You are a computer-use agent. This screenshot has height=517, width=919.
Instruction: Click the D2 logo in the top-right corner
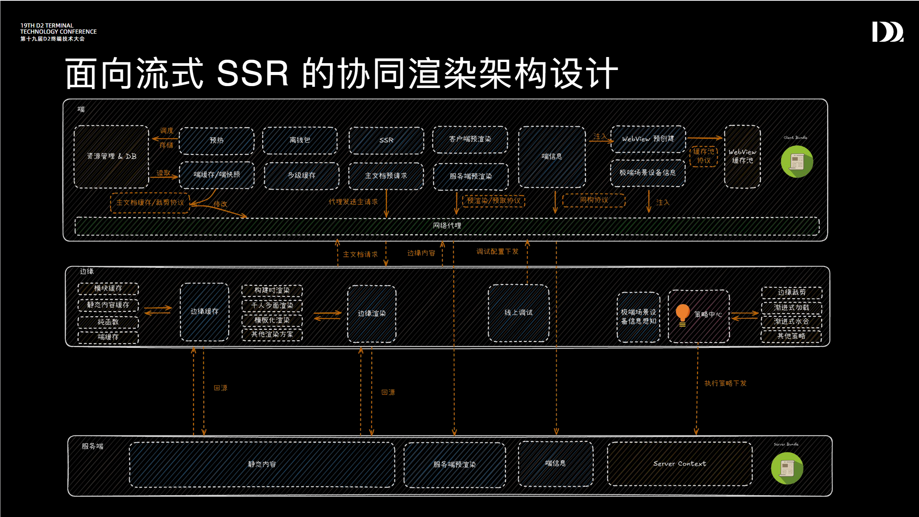click(x=888, y=31)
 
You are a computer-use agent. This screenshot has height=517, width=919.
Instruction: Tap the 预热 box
click(x=217, y=140)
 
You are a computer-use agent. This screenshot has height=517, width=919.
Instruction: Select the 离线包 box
click(x=300, y=140)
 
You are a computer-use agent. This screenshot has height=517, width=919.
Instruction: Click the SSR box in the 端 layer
click(x=386, y=140)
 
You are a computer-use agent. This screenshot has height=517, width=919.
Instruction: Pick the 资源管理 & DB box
click(x=111, y=157)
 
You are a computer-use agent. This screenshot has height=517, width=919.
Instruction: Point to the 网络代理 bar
click(x=447, y=226)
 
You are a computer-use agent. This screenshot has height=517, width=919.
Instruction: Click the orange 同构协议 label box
click(x=594, y=200)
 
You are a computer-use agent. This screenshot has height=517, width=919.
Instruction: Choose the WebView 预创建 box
click(x=648, y=139)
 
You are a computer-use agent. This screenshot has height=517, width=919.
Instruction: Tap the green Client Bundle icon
click(x=797, y=161)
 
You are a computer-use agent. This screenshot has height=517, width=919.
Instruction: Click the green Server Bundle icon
click(x=787, y=468)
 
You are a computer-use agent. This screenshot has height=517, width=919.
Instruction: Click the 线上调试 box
click(x=519, y=313)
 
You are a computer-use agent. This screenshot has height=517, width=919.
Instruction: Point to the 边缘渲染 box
click(x=372, y=314)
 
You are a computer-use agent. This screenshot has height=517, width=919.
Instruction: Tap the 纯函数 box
click(x=108, y=322)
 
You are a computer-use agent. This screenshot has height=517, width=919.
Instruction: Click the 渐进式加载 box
click(x=792, y=308)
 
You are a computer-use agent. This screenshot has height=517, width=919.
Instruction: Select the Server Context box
click(x=680, y=464)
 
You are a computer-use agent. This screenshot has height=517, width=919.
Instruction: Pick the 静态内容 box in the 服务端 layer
click(x=262, y=465)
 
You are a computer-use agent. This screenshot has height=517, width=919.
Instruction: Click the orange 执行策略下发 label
click(x=725, y=383)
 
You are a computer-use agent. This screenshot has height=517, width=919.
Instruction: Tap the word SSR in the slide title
click(x=253, y=73)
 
